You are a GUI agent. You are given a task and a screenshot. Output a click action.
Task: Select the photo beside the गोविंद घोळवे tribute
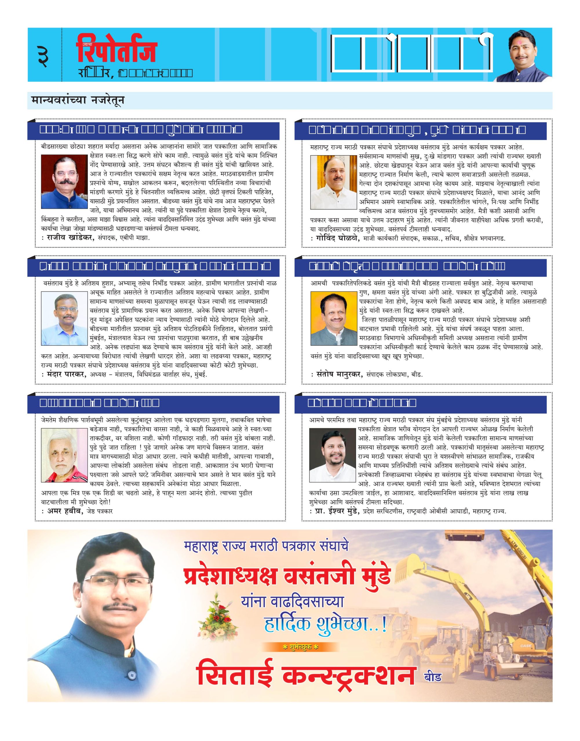point(332,182)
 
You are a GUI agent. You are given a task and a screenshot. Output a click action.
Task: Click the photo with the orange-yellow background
point(332,318)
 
